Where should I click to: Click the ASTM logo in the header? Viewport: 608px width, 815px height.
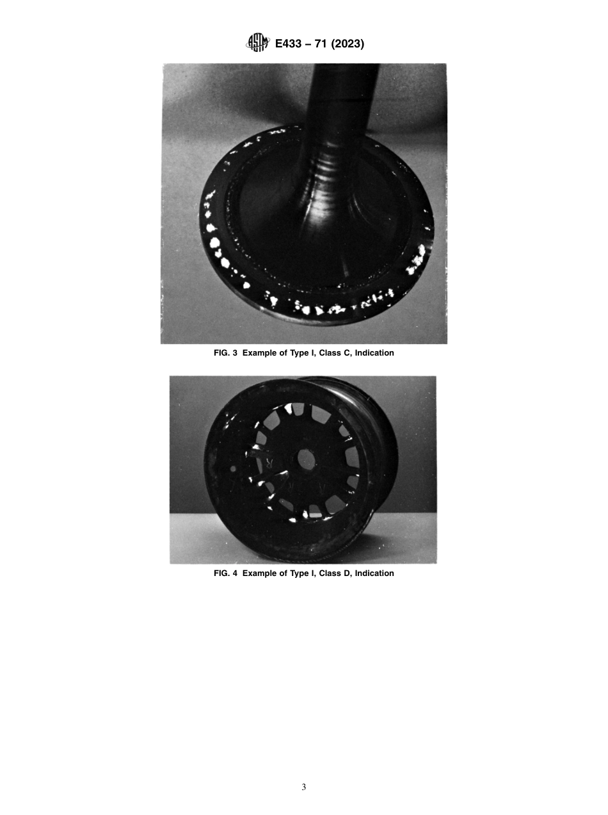(x=258, y=44)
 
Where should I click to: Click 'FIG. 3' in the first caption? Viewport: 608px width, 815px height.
(x=225, y=353)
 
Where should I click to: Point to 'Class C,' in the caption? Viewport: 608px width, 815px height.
(x=325, y=353)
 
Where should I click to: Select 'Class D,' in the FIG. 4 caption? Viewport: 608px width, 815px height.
(x=325, y=573)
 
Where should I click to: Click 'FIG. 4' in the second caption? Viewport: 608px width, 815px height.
(x=225, y=573)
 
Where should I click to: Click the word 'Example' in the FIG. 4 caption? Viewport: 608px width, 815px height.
(x=260, y=573)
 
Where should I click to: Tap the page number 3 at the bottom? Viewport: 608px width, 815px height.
(x=304, y=787)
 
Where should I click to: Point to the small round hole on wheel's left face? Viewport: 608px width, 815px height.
(x=232, y=469)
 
